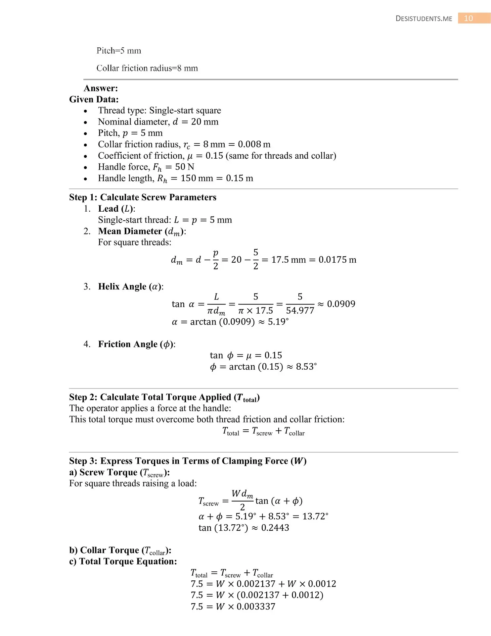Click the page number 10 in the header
tap(468, 18)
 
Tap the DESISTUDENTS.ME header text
tap(424, 19)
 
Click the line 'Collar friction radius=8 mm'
tap(147, 68)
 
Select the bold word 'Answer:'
tap(101, 88)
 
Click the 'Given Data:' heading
tap(94, 99)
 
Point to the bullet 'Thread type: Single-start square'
tap(159, 111)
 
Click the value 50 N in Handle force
tap(185, 167)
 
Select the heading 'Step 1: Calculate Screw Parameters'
tap(143, 197)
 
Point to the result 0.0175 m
tap(337, 260)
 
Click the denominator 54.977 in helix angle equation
tap(300, 311)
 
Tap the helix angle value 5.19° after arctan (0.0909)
tap(278, 322)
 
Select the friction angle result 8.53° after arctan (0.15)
tap(306, 367)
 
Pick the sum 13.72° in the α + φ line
tap(315, 516)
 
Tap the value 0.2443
tap(275, 528)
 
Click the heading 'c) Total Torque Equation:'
tap(123, 561)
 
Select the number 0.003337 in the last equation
tap(256, 607)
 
